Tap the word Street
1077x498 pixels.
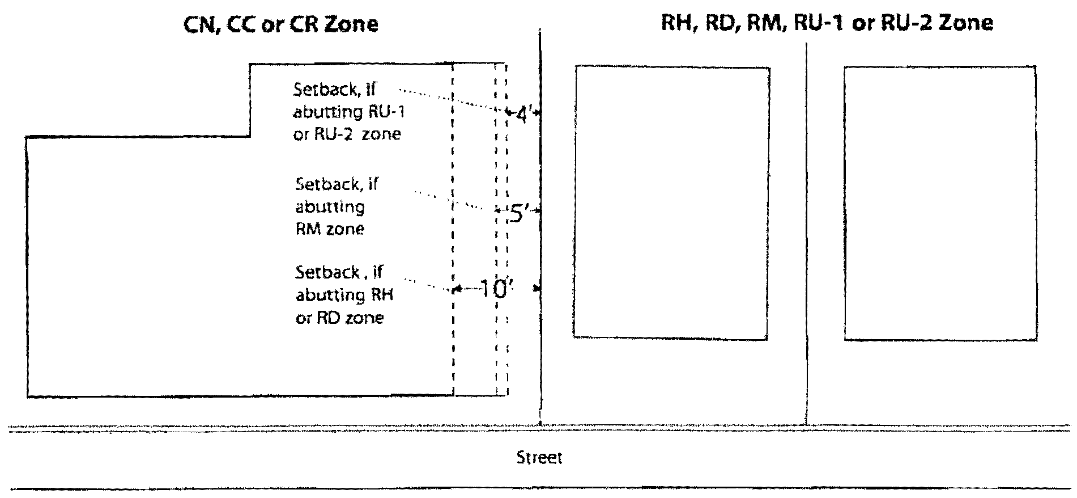539,457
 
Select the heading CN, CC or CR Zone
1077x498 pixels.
281,24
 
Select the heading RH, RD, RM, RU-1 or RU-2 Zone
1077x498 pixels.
827,23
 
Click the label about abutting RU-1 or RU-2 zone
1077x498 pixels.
349,112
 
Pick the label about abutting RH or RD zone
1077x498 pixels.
344,294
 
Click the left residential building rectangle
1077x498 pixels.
671,201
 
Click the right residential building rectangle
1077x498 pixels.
940,203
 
